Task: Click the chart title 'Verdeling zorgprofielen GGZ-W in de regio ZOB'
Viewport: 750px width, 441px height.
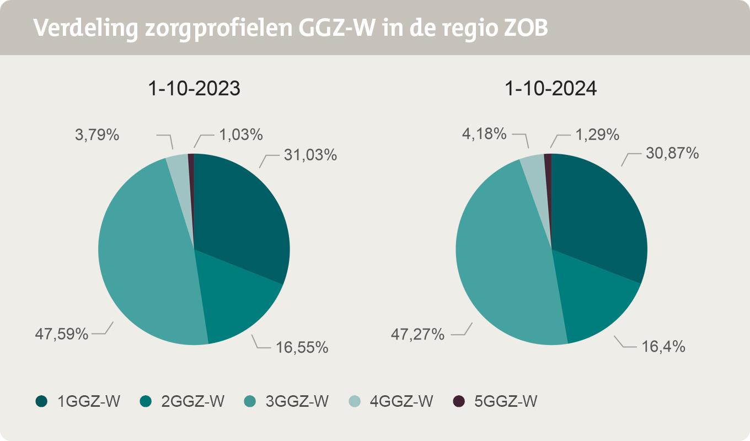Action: [291, 28]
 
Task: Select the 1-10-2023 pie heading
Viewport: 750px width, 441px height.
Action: [194, 89]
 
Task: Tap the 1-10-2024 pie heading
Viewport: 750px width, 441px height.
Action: [551, 89]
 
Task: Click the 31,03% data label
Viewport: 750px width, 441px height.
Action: [310, 155]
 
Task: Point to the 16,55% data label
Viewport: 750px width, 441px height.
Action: [302, 347]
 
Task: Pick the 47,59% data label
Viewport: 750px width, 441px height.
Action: [62, 334]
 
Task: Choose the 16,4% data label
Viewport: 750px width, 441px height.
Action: [663, 346]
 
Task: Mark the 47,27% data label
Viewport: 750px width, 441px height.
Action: [418, 334]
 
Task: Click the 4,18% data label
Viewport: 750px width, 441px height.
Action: [485, 133]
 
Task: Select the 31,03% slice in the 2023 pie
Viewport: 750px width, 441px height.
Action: [243, 215]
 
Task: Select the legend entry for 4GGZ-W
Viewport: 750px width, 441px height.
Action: [391, 401]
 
